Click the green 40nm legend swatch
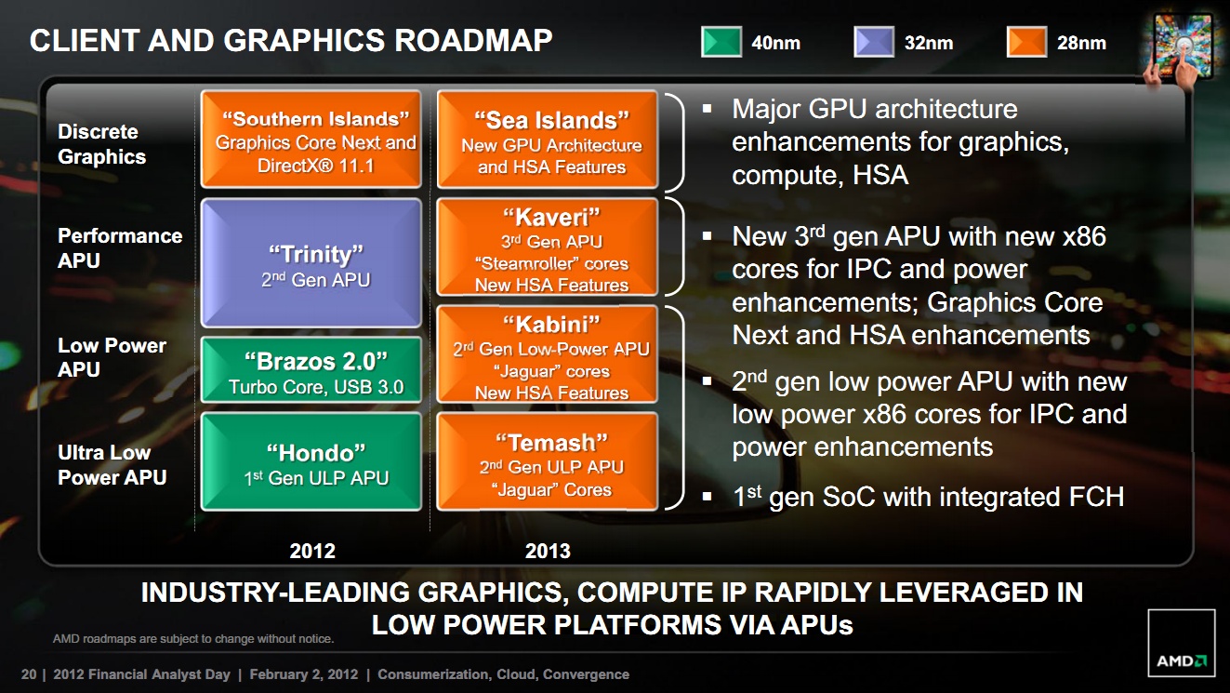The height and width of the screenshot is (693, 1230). (721, 42)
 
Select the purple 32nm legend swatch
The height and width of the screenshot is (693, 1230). (874, 42)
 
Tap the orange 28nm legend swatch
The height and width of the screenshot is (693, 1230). (1026, 42)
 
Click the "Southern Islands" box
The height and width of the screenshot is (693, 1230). (311, 139)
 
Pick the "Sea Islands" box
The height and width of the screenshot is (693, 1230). (548, 139)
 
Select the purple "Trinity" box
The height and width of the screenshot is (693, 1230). (311, 262)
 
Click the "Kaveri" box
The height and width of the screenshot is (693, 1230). (548, 247)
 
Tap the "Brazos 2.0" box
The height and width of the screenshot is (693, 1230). (311, 370)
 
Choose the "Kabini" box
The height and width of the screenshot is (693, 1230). (548, 353)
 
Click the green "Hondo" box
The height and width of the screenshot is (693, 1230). (311, 461)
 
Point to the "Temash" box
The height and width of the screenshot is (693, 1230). (548, 461)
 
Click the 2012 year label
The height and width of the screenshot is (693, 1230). (312, 551)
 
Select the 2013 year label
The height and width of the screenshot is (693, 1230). (548, 551)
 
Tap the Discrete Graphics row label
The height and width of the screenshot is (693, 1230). (101, 144)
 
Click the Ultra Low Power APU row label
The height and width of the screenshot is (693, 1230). (112, 465)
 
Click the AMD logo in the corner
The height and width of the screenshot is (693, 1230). (1181, 643)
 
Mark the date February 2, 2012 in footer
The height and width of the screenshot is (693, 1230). (304, 674)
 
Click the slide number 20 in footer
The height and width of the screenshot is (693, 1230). (29, 674)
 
